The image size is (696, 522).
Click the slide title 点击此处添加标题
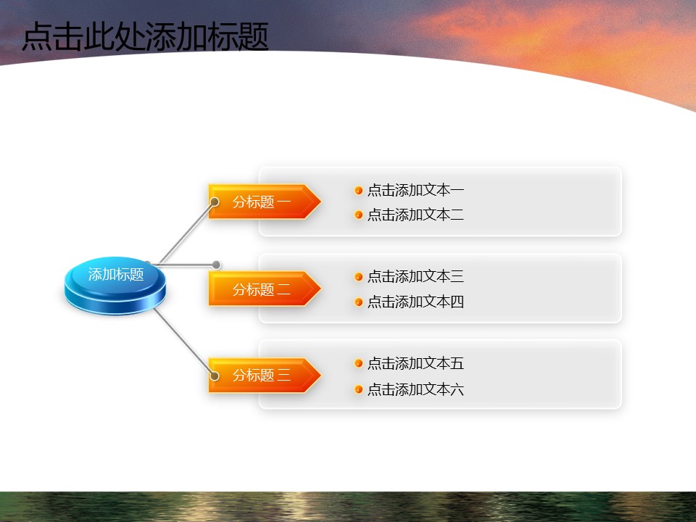coord(145,36)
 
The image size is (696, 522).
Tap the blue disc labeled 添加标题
coord(115,286)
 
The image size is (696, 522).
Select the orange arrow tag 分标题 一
coord(265,202)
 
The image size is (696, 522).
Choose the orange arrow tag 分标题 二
coord(265,289)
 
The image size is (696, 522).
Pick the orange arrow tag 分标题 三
coord(265,375)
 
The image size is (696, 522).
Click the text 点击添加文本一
coord(415,190)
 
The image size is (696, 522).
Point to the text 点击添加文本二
coord(415,215)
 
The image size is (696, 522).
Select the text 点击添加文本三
coord(415,276)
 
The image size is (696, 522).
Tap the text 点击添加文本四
coord(415,302)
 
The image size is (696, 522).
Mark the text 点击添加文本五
coord(415,363)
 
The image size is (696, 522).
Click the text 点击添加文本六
coord(415,389)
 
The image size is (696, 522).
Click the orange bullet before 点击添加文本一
coord(359,191)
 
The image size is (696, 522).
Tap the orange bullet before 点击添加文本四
coord(359,302)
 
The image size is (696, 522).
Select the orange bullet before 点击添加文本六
coord(359,390)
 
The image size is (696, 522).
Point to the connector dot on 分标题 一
coord(215,202)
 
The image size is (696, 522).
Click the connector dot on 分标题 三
coord(215,376)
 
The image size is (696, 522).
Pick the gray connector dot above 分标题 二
coord(216,265)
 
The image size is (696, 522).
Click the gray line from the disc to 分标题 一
coord(186,233)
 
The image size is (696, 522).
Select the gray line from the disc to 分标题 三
coord(183,341)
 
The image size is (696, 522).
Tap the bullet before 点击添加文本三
coord(359,277)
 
